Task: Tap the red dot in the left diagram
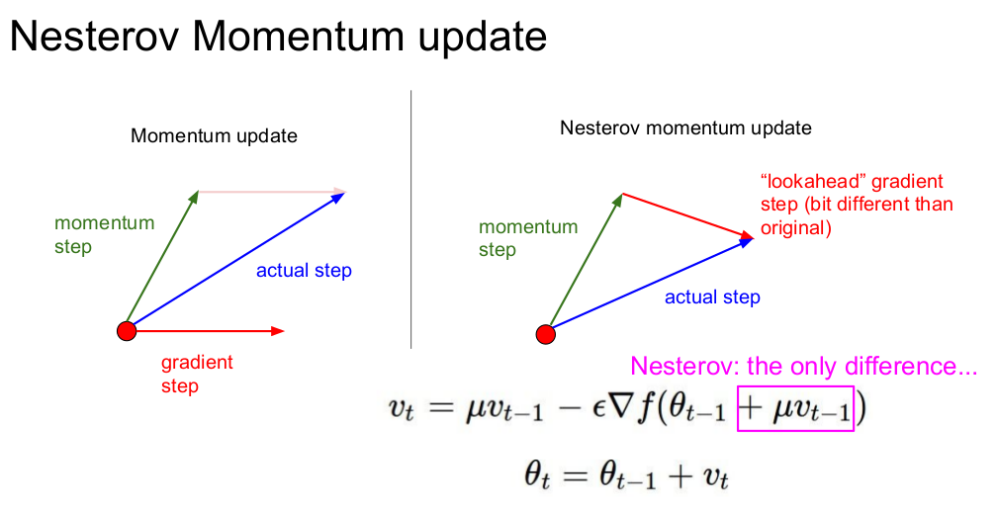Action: [127, 331]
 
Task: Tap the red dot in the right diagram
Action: [545, 334]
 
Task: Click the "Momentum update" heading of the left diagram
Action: [214, 136]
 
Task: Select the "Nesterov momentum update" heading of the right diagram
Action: [685, 127]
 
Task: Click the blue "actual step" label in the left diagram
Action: [304, 270]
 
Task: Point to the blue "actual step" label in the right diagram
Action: [712, 296]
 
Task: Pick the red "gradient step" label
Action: [197, 374]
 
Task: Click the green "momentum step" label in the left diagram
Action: [105, 234]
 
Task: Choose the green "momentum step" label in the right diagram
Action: [528, 238]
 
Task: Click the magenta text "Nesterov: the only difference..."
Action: [804, 367]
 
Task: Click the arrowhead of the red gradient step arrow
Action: [278, 331]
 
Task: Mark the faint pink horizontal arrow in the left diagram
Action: [272, 191]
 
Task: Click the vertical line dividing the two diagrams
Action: [411, 219]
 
